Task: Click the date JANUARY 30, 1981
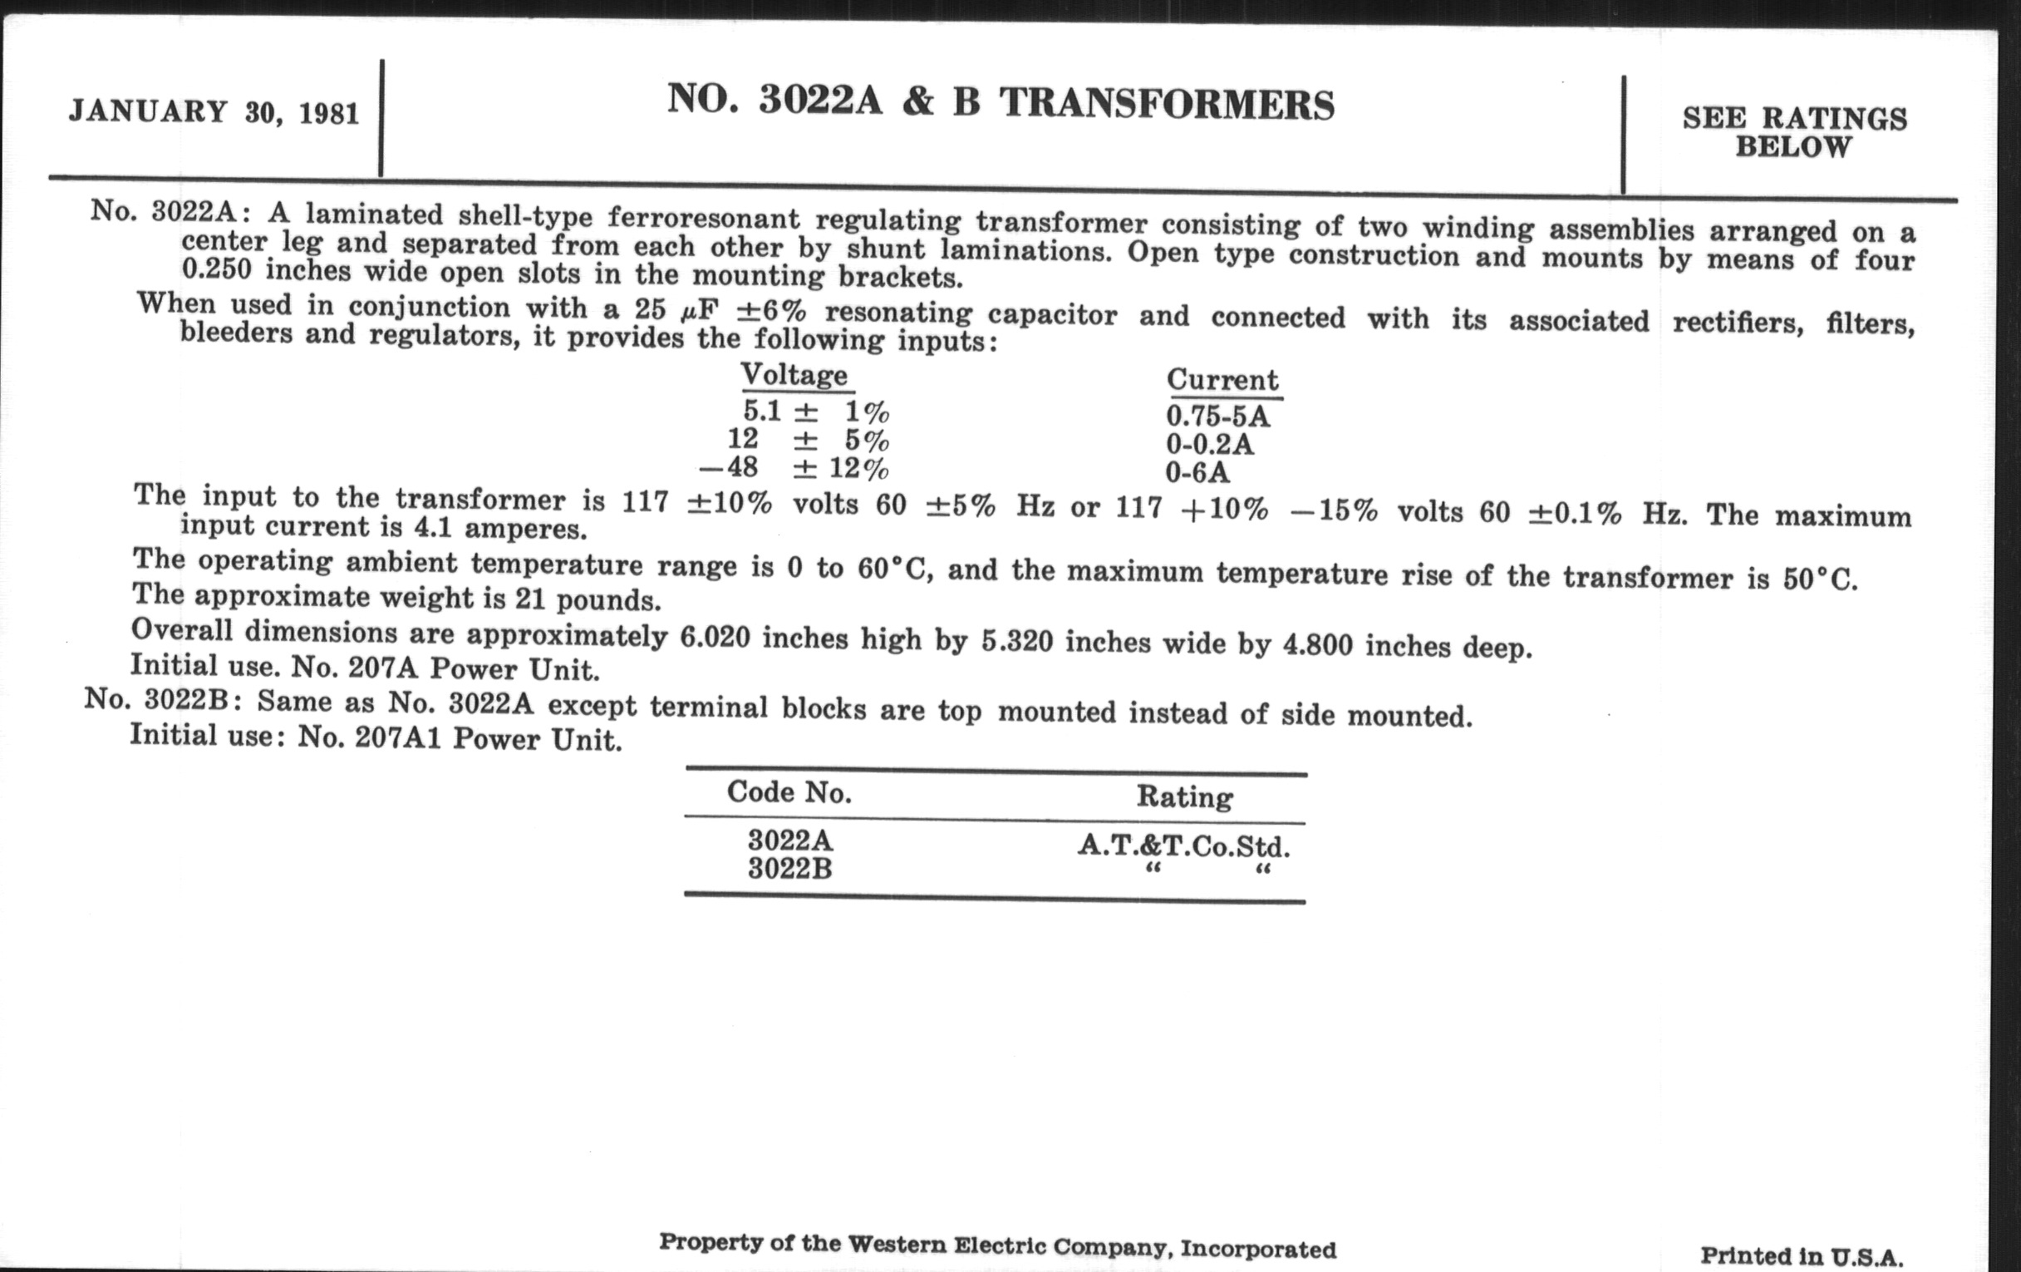click(x=214, y=112)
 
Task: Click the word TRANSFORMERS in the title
click(x=1167, y=104)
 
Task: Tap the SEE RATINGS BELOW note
click(x=1794, y=133)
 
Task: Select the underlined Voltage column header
click(x=794, y=374)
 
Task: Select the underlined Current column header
click(x=1223, y=380)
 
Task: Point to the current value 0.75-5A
click(x=1217, y=416)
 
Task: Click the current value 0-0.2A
click(x=1209, y=444)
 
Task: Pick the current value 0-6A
click(x=1197, y=473)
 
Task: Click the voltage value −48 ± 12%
click(x=794, y=468)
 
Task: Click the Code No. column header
click(x=789, y=791)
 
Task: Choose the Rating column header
click(x=1184, y=796)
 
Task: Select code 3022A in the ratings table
click(x=790, y=840)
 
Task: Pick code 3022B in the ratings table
click(x=789, y=868)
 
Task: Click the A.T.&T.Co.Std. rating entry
click(x=1183, y=846)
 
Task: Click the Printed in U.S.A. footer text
click(x=1801, y=1256)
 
